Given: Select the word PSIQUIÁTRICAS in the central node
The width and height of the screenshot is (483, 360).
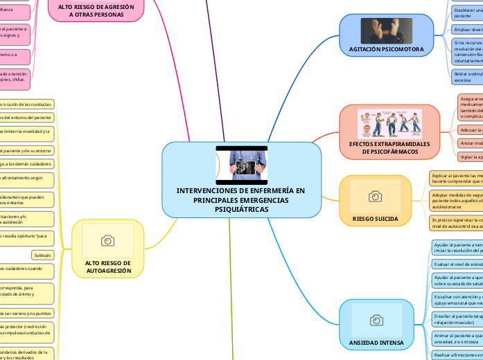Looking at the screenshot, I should click(x=241, y=208).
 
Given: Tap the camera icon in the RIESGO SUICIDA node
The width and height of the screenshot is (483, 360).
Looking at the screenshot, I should click(x=375, y=197).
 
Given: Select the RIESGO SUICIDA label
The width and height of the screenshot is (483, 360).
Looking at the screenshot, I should click(x=375, y=219).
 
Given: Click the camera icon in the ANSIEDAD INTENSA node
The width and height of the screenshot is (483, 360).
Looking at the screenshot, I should click(x=376, y=320).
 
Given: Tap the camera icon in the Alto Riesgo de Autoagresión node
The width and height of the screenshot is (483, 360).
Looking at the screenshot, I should click(x=107, y=240).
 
